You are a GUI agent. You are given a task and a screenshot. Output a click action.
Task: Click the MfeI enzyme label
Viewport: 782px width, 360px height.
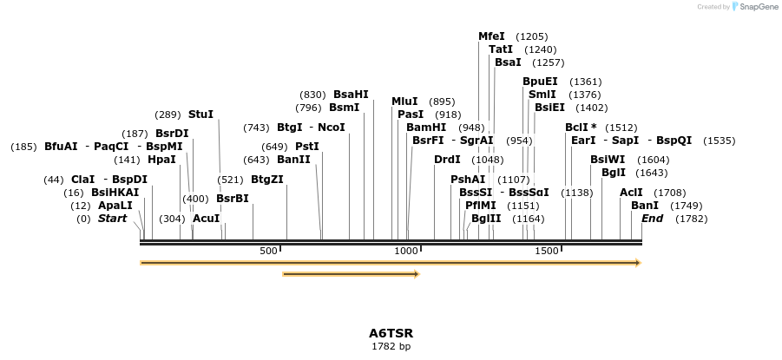491,36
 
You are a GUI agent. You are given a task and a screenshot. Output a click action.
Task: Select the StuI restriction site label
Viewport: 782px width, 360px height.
200,115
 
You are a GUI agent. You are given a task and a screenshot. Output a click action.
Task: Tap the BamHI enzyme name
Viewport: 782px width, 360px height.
426,128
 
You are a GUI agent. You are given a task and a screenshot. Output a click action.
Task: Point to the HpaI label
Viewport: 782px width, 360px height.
161,160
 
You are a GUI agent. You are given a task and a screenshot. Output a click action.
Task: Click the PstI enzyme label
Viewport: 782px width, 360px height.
307,147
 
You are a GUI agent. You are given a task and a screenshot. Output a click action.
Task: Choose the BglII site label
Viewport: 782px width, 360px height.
486,219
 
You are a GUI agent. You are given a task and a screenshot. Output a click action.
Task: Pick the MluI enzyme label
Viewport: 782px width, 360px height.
404,101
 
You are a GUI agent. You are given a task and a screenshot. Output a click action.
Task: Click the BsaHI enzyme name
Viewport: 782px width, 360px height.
351,95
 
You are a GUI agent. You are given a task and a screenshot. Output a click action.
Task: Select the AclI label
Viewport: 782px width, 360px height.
631,193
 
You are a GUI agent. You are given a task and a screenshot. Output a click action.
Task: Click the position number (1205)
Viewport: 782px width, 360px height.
531,36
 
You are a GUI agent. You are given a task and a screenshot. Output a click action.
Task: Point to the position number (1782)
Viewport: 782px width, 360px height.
692,219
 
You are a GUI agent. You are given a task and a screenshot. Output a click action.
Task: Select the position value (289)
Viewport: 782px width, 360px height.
168,115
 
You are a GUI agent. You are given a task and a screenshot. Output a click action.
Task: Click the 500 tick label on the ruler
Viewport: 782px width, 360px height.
268,251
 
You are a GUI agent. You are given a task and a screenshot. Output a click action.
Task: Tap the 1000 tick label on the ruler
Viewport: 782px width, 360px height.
406,251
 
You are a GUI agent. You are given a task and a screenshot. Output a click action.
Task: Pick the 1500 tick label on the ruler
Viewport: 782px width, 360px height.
547,251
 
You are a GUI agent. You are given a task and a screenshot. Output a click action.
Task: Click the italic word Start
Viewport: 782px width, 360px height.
112,219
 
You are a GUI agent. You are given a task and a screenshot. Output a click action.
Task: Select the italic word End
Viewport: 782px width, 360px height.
652,219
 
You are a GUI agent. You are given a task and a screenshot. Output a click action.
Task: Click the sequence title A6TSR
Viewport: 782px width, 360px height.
391,333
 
